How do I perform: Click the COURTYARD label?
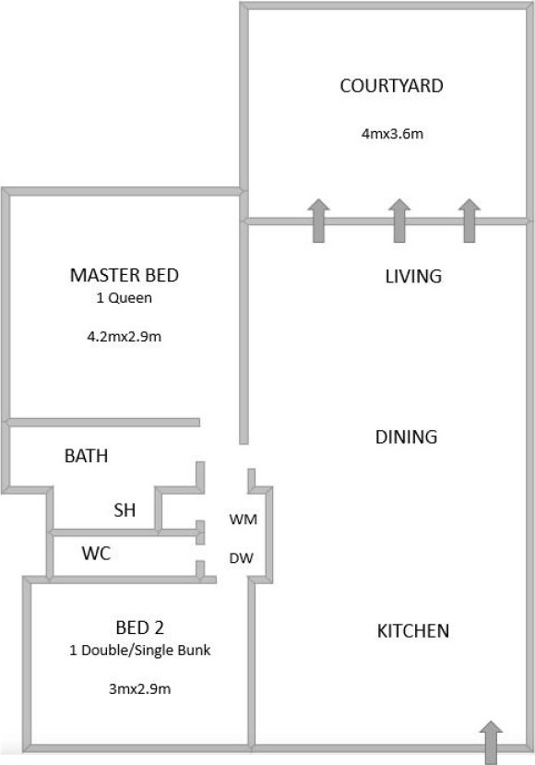(x=391, y=86)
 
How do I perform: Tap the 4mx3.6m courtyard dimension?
(x=392, y=134)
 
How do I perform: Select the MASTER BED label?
(x=125, y=275)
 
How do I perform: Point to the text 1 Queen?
(x=124, y=298)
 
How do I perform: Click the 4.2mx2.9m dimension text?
(x=124, y=336)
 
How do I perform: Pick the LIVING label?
(x=413, y=277)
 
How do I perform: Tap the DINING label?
(x=406, y=436)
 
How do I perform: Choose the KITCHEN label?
(x=413, y=631)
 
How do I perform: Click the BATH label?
(x=87, y=456)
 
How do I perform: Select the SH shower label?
(x=125, y=510)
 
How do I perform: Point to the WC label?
(x=96, y=554)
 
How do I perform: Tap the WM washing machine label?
(x=243, y=520)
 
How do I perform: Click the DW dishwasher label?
(x=241, y=558)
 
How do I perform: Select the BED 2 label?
(x=139, y=628)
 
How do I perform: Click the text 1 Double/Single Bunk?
(x=140, y=651)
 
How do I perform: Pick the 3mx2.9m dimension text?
(x=139, y=689)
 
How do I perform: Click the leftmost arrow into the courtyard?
(x=318, y=221)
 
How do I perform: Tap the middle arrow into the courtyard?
(x=398, y=221)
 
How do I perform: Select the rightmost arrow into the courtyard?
(x=470, y=221)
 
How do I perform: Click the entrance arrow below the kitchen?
(x=491, y=743)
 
